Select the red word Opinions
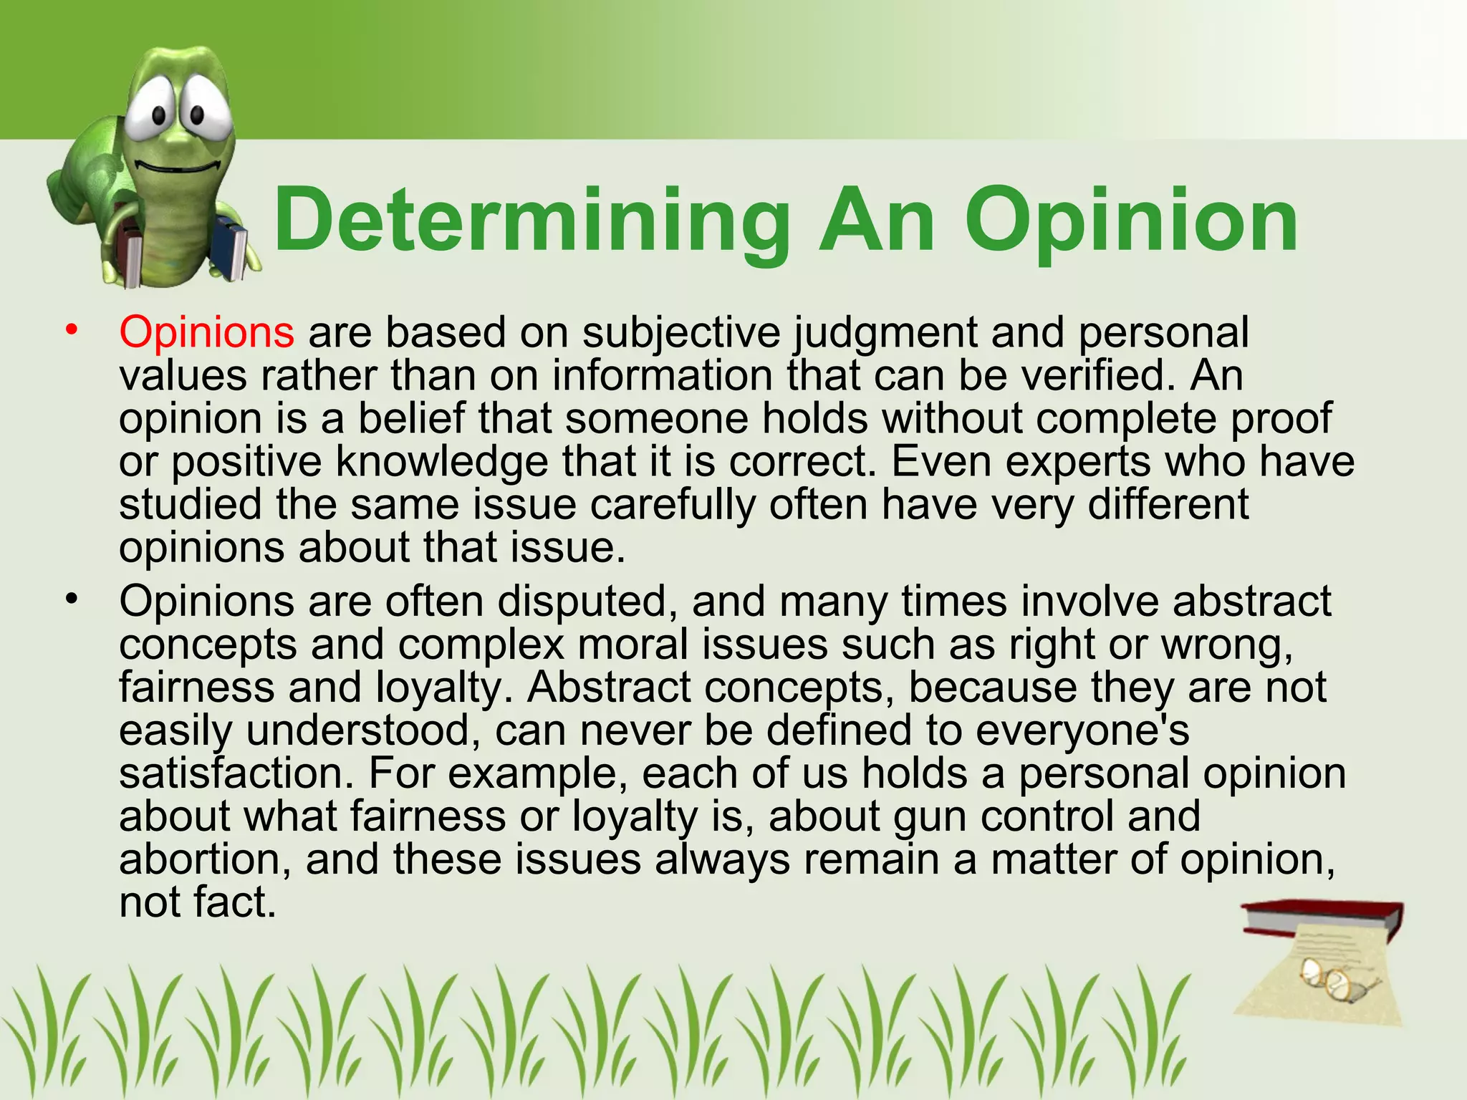(206, 332)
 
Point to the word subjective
(680, 334)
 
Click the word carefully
(673, 506)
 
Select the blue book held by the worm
(231, 247)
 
